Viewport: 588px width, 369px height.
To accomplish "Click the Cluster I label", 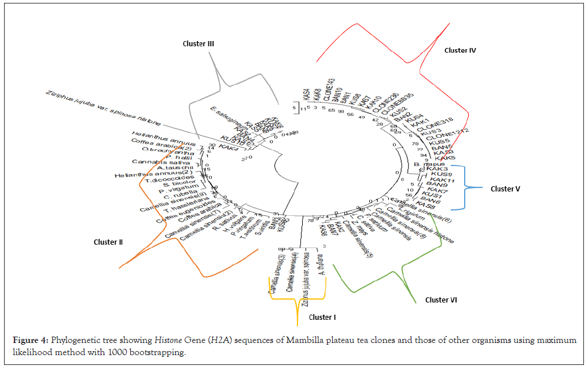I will [x=321, y=317].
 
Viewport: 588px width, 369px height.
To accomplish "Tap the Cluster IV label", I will [x=460, y=50].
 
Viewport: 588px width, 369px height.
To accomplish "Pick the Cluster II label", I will [x=108, y=242].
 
